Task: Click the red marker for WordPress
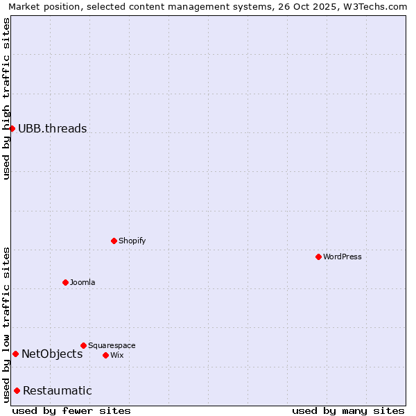pyautogui.click(x=318, y=257)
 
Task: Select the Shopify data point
pyautogui.click(x=114, y=241)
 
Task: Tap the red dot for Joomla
pyautogui.click(x=65, y=282)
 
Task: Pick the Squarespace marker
pyautogui.click(x=83, y=345)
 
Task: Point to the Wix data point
pyautogui.click(x=105, y=355)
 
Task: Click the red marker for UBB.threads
pyautogui.click(x=12, y=128)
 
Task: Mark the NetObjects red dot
pyautogui.click(x=15, y=354)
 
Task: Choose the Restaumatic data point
pyautogui.click(x=17, y=390)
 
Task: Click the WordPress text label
pyautogui.click(x=343, y=257)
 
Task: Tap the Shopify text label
pyautogui.click(x=132, y=241)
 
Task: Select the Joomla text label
pyautogui.click(x=83, y=282)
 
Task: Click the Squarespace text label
pyautogui.click(x=112, y=345)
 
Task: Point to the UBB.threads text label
pyautogui.click(x=53, y=128)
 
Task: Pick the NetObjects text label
pyautogui.click(x=52, y=354)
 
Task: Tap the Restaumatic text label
pyautogui.click(x=58, y=390)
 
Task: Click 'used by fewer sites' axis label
pyautogui.click(x=71, y=410)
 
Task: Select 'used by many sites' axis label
pyautogui.click(x=348, y=410)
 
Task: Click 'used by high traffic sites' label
pyautogui.click(x=6, y=98)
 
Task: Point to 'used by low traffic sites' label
pyautogui.click(x=6, y=324)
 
